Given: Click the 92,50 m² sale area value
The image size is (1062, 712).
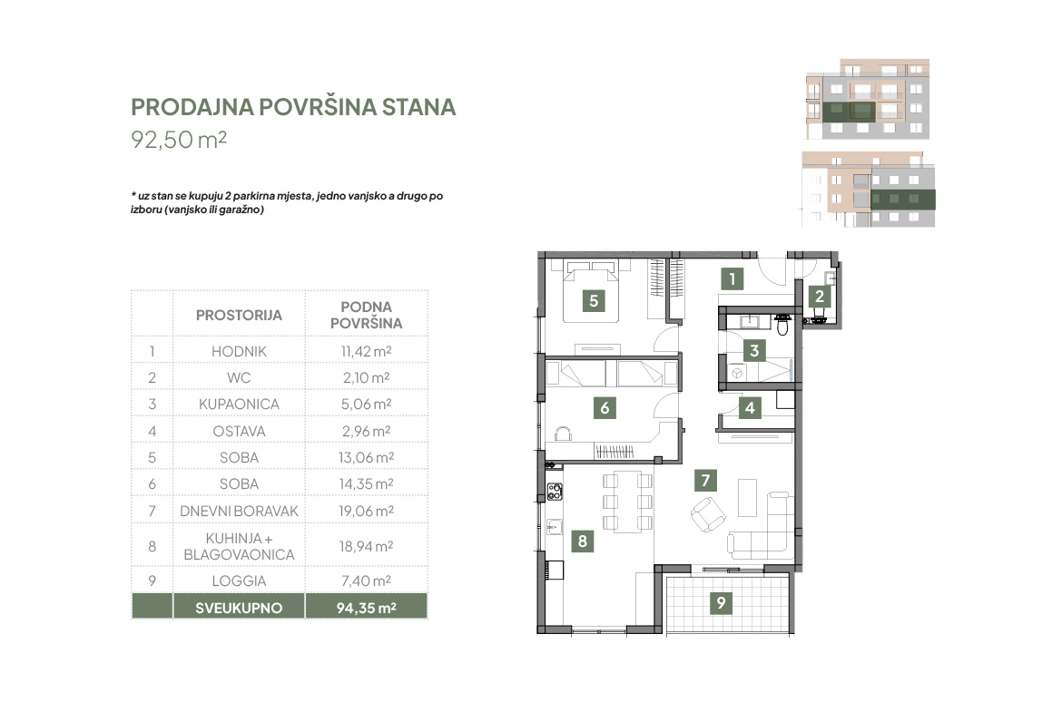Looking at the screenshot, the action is (179, 140).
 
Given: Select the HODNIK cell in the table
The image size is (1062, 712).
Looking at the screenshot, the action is (239, 351).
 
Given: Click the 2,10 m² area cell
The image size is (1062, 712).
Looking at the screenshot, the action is (367, 377).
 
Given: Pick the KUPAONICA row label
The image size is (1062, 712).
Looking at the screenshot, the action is (239, 404).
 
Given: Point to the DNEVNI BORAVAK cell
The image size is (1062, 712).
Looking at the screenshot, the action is (239, 511).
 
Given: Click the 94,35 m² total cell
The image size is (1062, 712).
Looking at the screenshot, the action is (367, 608).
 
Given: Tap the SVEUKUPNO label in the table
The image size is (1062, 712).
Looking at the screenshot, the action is (239, 608).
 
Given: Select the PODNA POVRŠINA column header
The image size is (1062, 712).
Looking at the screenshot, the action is (367, 316).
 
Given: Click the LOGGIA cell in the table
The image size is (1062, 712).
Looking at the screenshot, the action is (239, 580).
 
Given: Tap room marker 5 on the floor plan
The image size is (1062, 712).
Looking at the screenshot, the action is (594, 300).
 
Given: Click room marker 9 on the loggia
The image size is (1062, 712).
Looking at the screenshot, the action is (722, 602).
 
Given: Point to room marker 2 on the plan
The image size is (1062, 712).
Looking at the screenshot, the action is (820, 296).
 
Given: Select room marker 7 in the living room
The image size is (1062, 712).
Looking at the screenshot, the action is (706, 481).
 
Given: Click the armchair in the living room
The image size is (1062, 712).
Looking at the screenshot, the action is (708, 514).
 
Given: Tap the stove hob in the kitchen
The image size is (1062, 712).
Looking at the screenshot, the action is (555, 492).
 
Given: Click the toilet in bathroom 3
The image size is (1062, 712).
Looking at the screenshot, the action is (782, 325).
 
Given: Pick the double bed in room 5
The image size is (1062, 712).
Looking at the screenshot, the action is (591, 291).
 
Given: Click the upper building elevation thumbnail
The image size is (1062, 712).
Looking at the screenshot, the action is (868, 99).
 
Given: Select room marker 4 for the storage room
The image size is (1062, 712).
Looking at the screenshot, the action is (750, 408).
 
